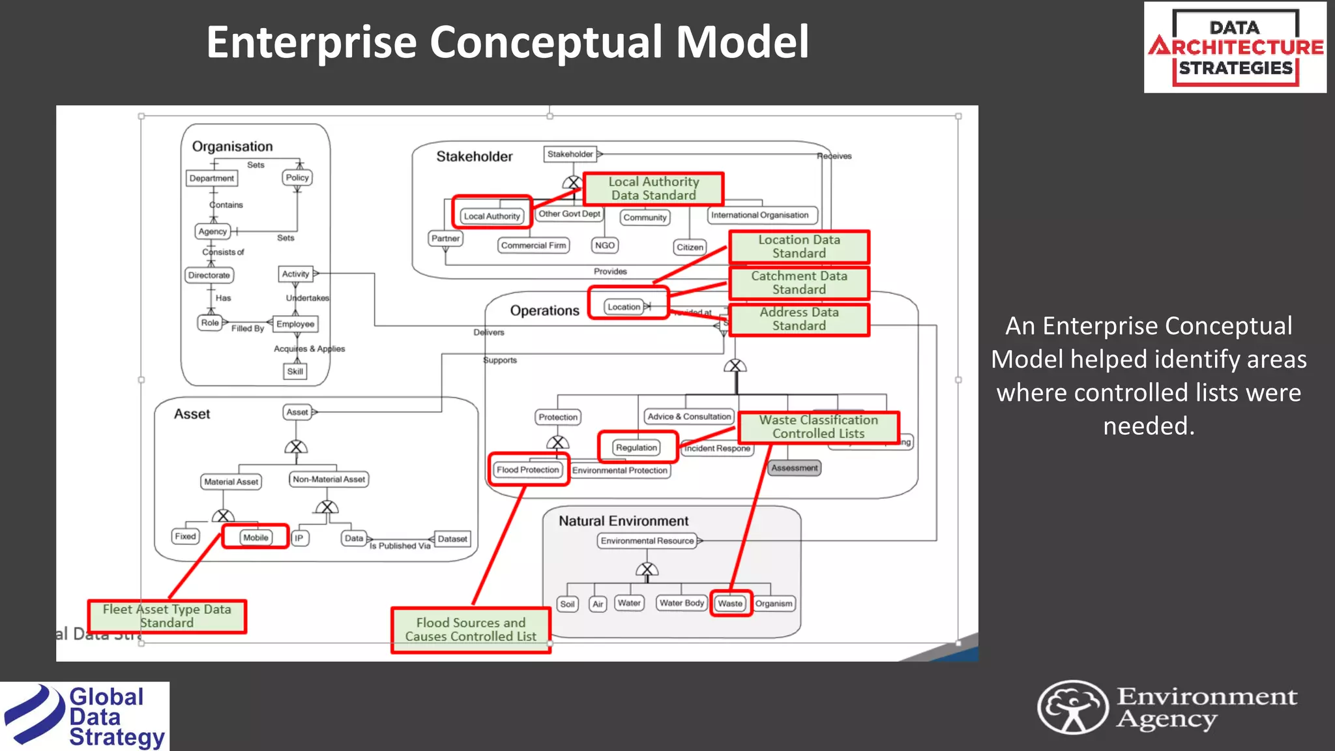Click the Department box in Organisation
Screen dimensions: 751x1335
211,178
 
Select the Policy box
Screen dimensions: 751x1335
297,177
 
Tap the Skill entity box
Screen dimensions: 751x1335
295,372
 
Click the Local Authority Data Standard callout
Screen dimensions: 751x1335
653,188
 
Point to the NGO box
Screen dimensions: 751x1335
605,246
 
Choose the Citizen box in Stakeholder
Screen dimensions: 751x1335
690,247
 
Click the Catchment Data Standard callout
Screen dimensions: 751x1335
799,283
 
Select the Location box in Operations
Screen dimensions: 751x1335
624,307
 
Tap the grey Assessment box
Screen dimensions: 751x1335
794,468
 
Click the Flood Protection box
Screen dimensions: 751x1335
527,469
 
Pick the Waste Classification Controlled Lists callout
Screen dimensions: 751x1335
818,427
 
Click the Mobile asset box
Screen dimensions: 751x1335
256,538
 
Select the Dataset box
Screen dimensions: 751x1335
452,539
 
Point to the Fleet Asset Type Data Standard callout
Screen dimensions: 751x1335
167,616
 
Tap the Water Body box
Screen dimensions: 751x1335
681,603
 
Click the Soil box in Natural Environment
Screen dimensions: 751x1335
567,604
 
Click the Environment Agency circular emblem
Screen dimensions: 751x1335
1072,707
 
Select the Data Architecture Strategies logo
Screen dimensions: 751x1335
1235,48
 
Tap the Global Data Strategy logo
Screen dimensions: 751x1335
85,716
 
